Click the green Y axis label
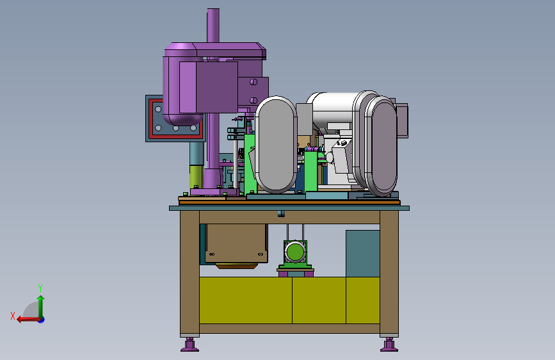coord(40,288)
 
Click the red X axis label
coord(13,316)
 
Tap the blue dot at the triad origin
coord(42,320)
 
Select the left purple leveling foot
coord(189,345)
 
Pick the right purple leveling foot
coord(389,345)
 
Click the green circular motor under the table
coord(295,252)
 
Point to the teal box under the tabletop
coord(363,254)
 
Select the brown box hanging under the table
coord(236,244)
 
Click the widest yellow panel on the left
coord(246,300)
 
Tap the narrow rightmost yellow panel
coord(363,300)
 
